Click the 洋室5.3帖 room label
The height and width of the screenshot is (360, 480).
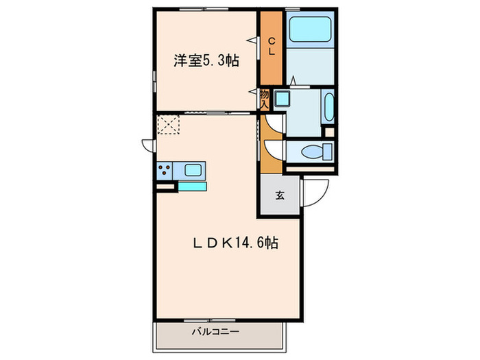point(206,61)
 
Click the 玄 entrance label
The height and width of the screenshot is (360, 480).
point(280,195)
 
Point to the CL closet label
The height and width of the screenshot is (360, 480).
point(271,45)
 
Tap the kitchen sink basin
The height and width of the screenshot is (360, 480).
point(193,169)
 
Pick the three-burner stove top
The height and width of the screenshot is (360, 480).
point(165,169)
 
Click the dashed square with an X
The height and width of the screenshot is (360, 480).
point(168,125)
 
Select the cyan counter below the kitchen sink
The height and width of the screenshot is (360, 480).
point(192,184)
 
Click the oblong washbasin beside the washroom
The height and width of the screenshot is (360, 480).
point(327,106)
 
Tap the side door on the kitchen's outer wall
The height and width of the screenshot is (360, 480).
point(147,145)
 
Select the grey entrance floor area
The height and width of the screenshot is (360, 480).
point(279,202)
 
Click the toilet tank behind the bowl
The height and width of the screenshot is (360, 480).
point(328,151)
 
